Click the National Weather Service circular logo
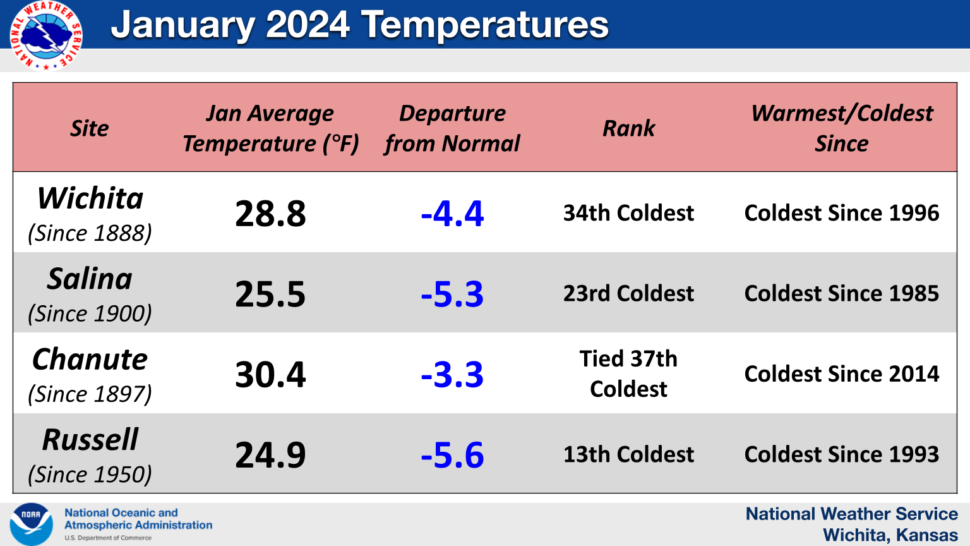(x=46, y=35)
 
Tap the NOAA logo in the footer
(x=31, y=525)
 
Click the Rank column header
(x=629, y=128)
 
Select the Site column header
(x=90, y=128)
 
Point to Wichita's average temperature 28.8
(x=271, y=214)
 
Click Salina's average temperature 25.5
(x=271, y=294)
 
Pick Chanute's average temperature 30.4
(x=271, y=374)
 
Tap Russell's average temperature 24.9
(x=271, y=455)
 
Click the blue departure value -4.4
(x=452, y=214)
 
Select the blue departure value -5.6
(x=452, y=455)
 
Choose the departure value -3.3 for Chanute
(x=452, y=374)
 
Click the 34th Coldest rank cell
(x=629, y=213)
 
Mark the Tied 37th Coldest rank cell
(x=629, y=373)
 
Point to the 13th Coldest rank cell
(x=629, y=454)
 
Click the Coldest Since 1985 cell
(x=842, y=293)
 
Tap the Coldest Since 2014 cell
(x=842, y=373)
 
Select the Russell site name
(x=90, y=439)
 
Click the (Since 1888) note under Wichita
(x=90, y=233)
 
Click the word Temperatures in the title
(x=485, y=25)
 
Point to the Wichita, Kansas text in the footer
(x=890, y=535)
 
